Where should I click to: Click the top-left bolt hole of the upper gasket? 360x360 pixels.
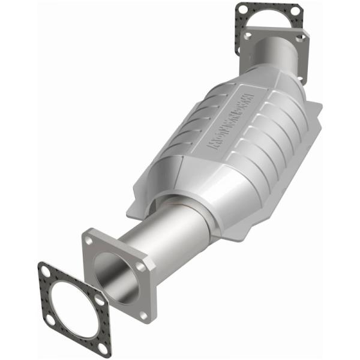click(242, 10)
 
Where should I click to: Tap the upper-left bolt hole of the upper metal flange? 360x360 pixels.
click(247, 36)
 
